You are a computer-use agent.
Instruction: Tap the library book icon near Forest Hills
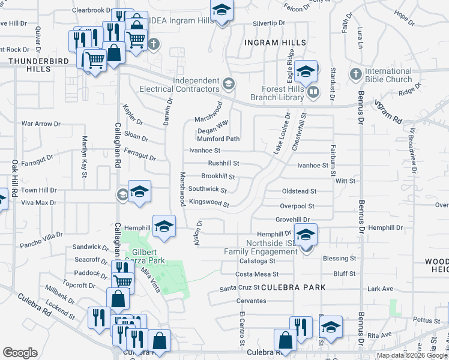tap(313, 92)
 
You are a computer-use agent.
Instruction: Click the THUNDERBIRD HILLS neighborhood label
tap(29, 65)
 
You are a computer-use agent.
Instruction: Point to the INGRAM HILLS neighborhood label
tap(276, 43)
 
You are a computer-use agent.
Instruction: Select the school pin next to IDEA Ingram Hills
tap(221, 10)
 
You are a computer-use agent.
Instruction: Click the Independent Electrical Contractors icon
tap(228, 83)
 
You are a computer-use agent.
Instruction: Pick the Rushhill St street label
tap(223, 163)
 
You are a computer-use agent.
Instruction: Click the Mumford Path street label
tap(218, 139)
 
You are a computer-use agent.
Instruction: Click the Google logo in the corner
tap(20, 353)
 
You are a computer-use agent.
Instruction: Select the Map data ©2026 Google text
tap(412, 355)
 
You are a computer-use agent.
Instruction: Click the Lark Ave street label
tap(379, 289)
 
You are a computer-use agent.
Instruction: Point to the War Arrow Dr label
tap(41, 124)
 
